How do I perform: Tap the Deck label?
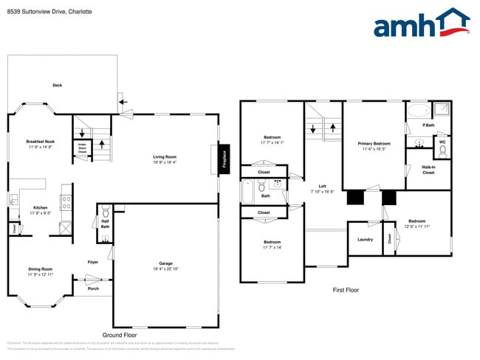point(57,86)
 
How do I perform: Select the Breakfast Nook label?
point(41,141)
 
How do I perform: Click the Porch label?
point(93,288)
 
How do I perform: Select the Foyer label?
point(93,262)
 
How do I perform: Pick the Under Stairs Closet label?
point(82,148)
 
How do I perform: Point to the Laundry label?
point(365,239)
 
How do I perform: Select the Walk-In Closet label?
point(428,170)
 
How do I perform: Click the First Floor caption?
point(346,290)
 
